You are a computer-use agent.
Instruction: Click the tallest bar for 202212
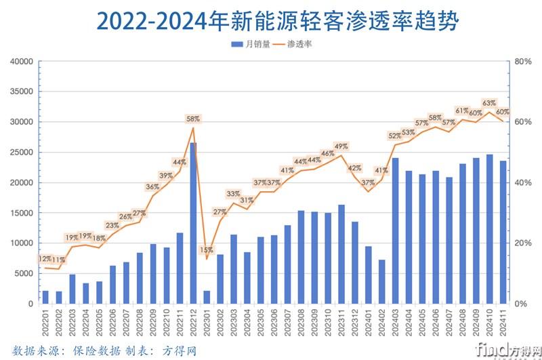click(x=193, y=223)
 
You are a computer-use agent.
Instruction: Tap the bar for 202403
click(x=395, y=231)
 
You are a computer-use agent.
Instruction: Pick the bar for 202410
click(x=489, y=229)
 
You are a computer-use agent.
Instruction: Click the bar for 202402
click(x=381, y=281)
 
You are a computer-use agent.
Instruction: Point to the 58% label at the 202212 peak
click(x=193, y=119)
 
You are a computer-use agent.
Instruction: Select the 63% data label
click(x=489, y=103)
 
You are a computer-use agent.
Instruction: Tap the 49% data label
click(x=341, y=146)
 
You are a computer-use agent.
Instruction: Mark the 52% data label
click(x=395, y=136)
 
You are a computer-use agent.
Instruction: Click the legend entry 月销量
click(x=251, y=44)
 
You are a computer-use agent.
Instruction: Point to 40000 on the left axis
click(x=22, y=62)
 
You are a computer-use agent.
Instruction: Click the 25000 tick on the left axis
click(x=22, y=153)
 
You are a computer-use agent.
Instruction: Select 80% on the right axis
click(x=523, y=62)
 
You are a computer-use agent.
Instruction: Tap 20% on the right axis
click(x=523, y=243)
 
